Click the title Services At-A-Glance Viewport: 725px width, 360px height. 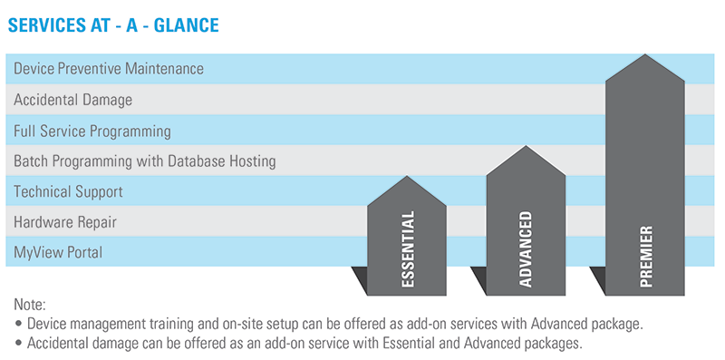[x=112, y=25]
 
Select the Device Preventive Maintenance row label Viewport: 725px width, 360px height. [x=109, y=68]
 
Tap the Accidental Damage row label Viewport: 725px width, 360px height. [x=73, y=100]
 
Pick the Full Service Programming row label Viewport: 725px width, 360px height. [x=92, y=131]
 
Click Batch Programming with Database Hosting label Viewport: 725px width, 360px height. [x=145, y=161]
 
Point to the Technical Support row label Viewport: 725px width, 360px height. [x=68, y=192]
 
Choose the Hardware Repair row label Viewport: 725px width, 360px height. [x=65, y=222]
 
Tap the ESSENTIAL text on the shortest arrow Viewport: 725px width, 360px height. [x=408, y=249]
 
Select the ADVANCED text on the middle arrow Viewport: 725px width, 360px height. [x=527, y=249]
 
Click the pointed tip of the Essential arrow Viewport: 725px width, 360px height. [x=408, y=178]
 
